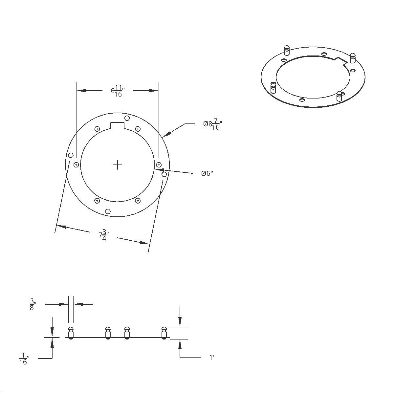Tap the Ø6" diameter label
[x=207, y=173]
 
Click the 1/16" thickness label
[x=23, y=358]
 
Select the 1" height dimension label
[x=212, y=357]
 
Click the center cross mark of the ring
[x=117, y=165]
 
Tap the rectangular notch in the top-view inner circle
[x=117, y=125]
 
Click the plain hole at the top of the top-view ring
[x=127, y=118]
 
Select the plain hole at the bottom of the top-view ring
[x=108, y=211]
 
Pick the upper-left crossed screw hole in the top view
[x=97, y=129]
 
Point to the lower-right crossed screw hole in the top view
[x=138, y=201]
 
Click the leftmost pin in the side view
[x=71, y=332]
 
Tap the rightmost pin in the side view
[x=164, y=332]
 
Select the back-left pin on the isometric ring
[x=287, y=50]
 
